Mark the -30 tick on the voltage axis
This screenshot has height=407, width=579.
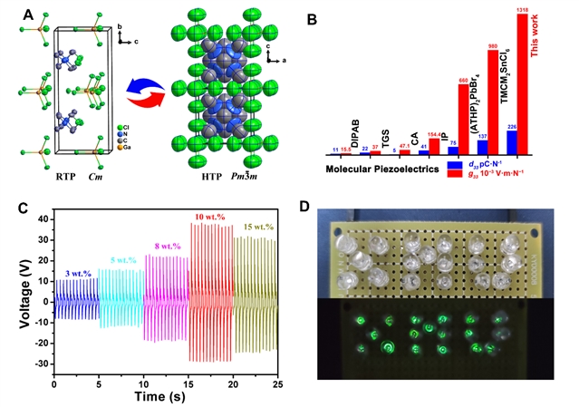point(39,363)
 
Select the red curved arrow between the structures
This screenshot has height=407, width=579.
point(150,95)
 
